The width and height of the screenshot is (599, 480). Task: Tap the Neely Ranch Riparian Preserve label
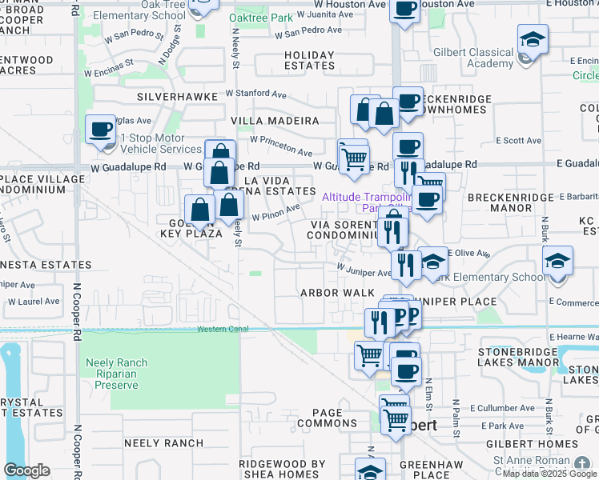point(117,374)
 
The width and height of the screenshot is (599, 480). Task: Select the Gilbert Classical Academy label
point(479,58)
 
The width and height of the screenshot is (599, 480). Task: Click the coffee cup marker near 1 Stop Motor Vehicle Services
point(102,131)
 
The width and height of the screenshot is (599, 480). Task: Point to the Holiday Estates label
point(309,61)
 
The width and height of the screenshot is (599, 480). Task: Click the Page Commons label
point(328,417)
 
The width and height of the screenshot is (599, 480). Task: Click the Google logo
point(26,470)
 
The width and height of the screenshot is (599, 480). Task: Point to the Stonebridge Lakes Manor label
point(529,357)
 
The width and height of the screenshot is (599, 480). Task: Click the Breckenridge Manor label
point(511,202)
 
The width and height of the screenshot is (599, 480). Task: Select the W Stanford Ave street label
point(256,94)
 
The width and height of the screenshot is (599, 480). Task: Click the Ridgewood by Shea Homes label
point(272,469)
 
